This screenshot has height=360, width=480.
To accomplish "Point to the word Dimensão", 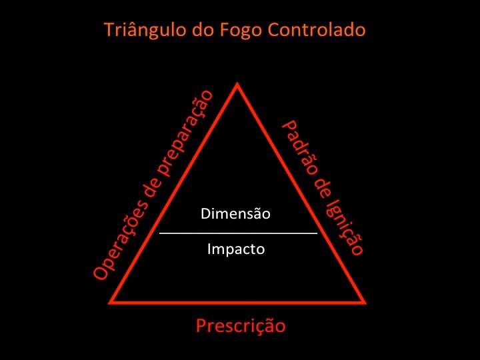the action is [x=235, y=214].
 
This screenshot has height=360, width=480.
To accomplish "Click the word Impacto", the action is [x=235, y=249].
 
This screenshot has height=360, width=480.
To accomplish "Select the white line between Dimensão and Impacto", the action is [x=238, y=233].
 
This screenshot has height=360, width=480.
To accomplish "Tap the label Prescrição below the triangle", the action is [x=241, y=325].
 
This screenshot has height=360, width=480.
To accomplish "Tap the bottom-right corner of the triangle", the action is [x=365, y=301].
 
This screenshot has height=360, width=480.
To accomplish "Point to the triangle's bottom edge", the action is [x=238, y=301].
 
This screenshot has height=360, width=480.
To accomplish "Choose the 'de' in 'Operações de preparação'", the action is [x=152, y=192].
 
